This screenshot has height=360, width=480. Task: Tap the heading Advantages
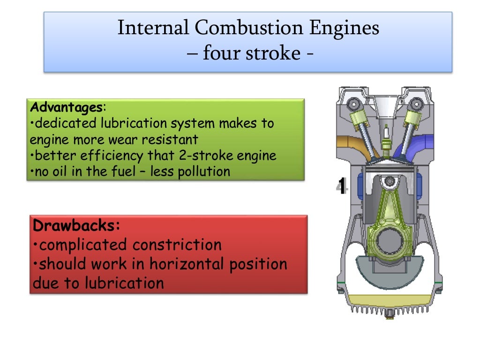pyautogui.click(x=66, y=107)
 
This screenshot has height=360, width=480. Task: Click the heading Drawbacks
pyautogui.click(x=77, y=225)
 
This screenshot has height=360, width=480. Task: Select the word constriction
pyautogui.click(x=176, y=245)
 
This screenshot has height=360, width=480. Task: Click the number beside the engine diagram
pyautogui.click(x=343, y=187)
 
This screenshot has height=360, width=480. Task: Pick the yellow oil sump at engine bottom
pyautogui.click(x=389, y=299)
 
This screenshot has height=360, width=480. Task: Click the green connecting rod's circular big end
pyautogui.click(x=389, y=241)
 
